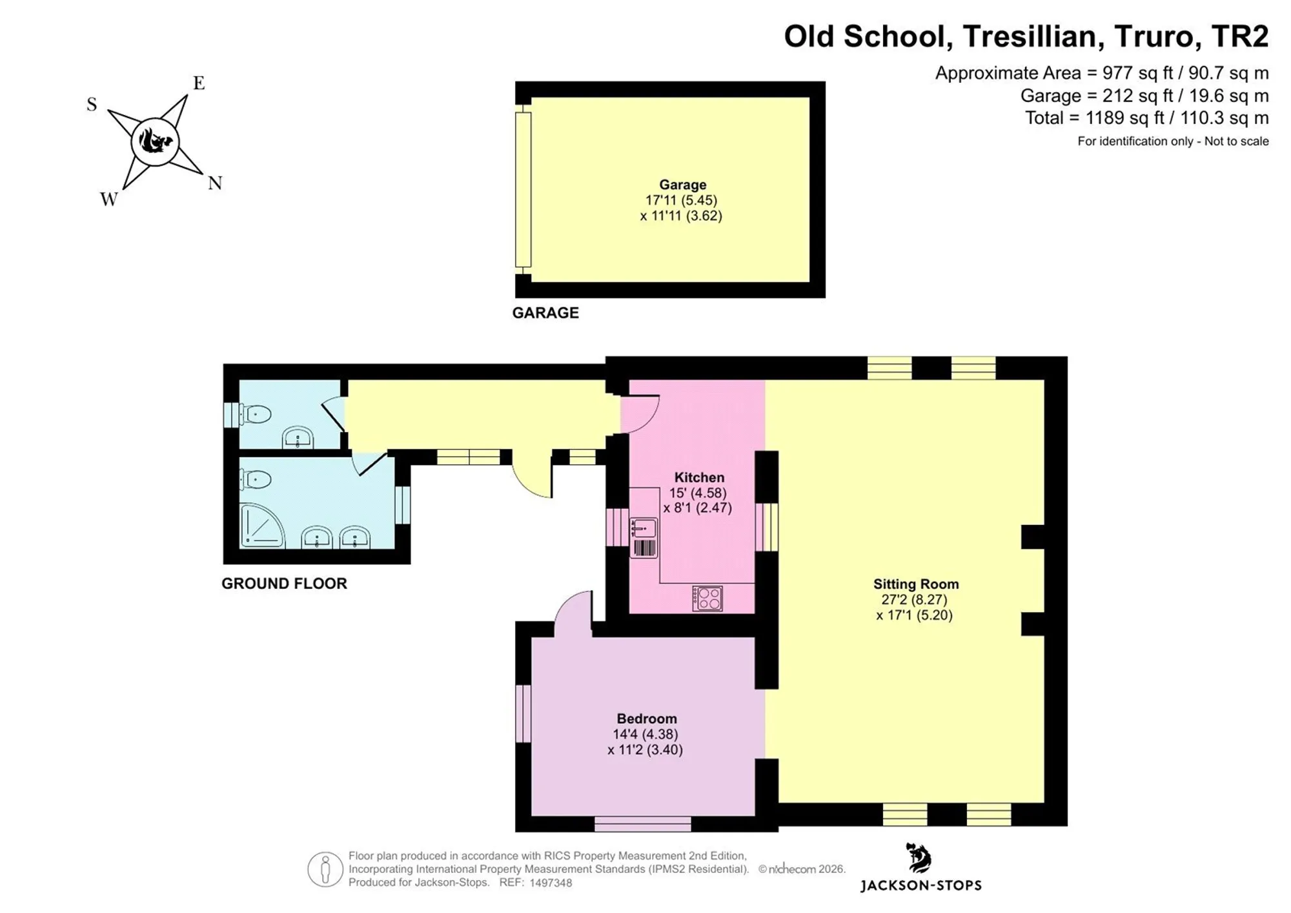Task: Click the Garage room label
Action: [x=682, y=185]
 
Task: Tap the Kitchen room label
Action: [x=699, y=478]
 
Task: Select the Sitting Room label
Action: [x=916, y=584]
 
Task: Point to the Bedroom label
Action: [x=647, y=719]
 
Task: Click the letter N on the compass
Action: [x=215, y=183]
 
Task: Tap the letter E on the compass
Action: [x=199, y=83]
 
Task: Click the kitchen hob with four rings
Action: [x=707, y=599]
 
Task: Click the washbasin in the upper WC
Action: [x=298, y=437]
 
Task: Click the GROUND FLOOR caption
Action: [x=284, y=584]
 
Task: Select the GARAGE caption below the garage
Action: [x=545, y=313]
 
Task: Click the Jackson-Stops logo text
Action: [x=920, y=886]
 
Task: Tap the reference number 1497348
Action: [x=551, y=883]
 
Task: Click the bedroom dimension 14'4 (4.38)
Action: [x=645, y=734]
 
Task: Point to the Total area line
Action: [x=1147, y=118]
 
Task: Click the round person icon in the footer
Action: [x=325, y=869]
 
